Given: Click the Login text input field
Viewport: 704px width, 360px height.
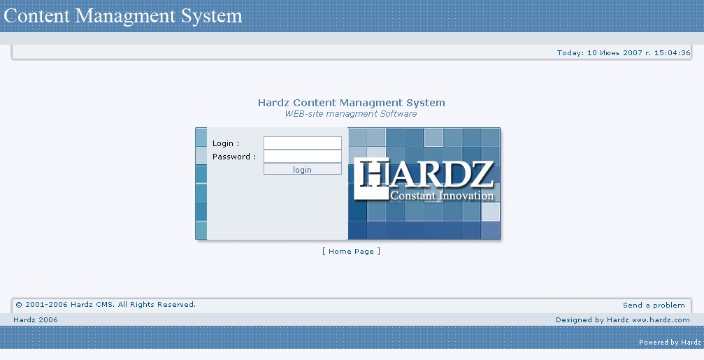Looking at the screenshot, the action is [303, 143].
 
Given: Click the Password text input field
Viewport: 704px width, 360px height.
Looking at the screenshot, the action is [303, 156].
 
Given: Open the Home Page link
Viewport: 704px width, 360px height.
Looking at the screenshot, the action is [351, 252].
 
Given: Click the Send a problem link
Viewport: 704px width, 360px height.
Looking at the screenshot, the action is [654, 305].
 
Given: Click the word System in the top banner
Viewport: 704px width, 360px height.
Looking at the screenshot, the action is [211, 15].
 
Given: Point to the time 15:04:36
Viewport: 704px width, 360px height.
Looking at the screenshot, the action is [672, 53].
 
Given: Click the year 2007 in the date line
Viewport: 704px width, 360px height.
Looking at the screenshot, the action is [632, 53].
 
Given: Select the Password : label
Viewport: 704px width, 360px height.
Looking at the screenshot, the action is [234, 157].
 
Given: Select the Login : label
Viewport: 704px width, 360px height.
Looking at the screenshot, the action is [226, 143].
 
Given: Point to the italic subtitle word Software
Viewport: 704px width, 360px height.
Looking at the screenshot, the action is [398, 114].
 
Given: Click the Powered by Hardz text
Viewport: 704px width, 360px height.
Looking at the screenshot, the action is [670, 343].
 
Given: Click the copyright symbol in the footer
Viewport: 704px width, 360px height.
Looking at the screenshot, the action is [19, 305].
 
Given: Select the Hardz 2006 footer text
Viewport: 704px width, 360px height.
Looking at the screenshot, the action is [36, 320].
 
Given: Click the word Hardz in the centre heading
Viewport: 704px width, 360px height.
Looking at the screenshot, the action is [274, 103].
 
